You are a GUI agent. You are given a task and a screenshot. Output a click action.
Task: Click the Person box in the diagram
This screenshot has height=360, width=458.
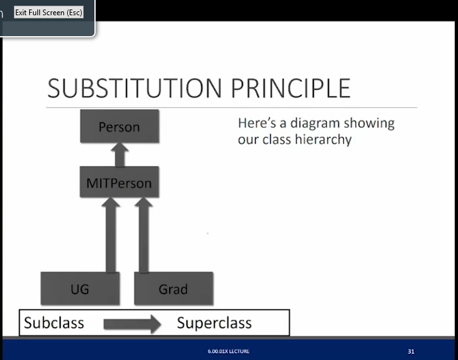pos(120,126)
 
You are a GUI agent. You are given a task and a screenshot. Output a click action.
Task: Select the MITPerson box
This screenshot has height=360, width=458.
pos(120,182)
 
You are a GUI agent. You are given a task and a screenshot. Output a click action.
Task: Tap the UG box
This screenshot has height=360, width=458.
pos(80,288)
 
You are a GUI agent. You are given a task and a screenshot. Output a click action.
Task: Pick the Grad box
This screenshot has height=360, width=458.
pos(174,288)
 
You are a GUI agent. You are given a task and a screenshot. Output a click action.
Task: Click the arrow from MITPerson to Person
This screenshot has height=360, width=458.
pos(120,155)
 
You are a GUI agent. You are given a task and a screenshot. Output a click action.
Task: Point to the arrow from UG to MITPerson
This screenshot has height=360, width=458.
pos(111,235)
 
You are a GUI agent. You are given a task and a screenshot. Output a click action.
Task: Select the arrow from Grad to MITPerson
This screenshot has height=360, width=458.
pos(143,235)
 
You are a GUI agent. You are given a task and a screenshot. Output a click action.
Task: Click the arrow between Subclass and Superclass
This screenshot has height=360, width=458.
pos(132,324)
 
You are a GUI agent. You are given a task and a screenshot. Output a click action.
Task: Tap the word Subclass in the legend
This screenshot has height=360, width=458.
pos(54,323)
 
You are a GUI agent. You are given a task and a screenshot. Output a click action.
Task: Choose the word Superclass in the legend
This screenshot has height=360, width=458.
pos(214,323)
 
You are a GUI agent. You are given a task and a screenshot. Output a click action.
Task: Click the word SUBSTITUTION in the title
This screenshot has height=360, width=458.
pos(134,88)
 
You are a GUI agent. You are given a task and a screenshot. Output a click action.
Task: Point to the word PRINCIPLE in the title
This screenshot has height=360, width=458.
pos(291,88)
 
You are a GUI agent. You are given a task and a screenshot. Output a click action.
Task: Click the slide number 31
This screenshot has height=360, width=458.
pos(411,351)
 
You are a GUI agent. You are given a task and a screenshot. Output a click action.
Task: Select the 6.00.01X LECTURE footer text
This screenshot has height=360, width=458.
pos(229,351)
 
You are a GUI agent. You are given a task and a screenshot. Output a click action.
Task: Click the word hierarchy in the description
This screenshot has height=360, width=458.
pos(323,139)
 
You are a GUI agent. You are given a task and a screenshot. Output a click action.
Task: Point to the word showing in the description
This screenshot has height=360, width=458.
pos(369,124)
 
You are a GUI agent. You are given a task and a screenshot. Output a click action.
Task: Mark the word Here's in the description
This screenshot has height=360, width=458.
pos(257,123)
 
